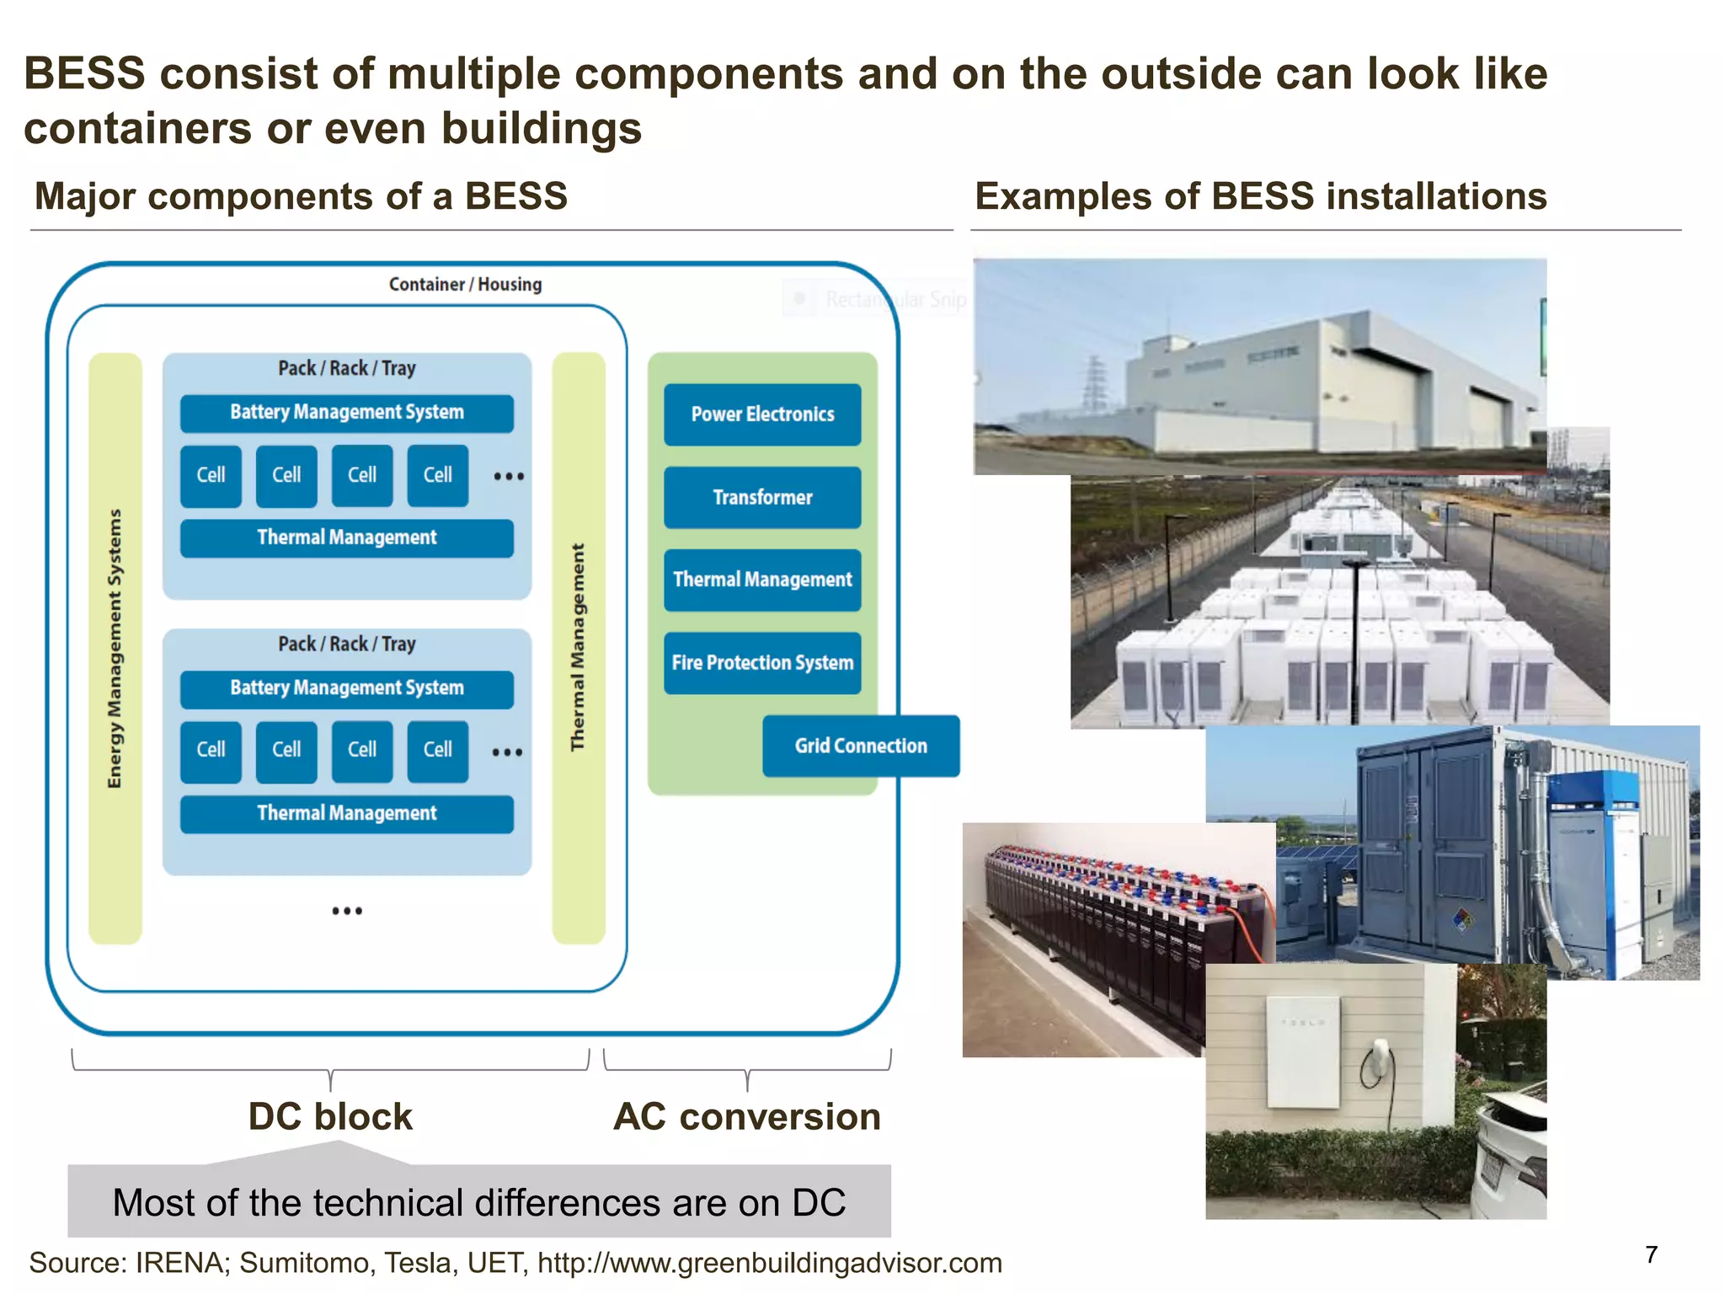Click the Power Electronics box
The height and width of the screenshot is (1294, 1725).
coord(761,414)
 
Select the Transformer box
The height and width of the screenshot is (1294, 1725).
coord(761,497)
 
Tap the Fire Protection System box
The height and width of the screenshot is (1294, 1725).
coord(761,663)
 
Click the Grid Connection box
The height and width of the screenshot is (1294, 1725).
coord(860,746)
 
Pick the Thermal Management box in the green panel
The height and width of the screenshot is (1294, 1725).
coord(761,580)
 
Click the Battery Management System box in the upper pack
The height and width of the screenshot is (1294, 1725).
coord(346,413)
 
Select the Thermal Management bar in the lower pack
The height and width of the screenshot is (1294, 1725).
coord(346,814)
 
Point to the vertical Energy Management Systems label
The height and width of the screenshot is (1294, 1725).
coord(115,649)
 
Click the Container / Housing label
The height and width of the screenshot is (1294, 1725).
coord(465,285)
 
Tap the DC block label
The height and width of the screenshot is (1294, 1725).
coord(330,1117)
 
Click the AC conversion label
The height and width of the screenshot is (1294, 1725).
coord(746,1117)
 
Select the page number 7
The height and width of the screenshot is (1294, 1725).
coord(1651,1255)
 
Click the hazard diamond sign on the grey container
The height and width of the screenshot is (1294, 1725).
coord(1464,918)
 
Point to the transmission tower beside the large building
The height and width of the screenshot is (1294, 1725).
coord(1094,383)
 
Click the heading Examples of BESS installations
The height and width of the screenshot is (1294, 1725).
coord(1260,196)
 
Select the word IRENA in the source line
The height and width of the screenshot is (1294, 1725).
coord(180,1264)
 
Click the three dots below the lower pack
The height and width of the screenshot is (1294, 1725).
coord(346,911)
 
